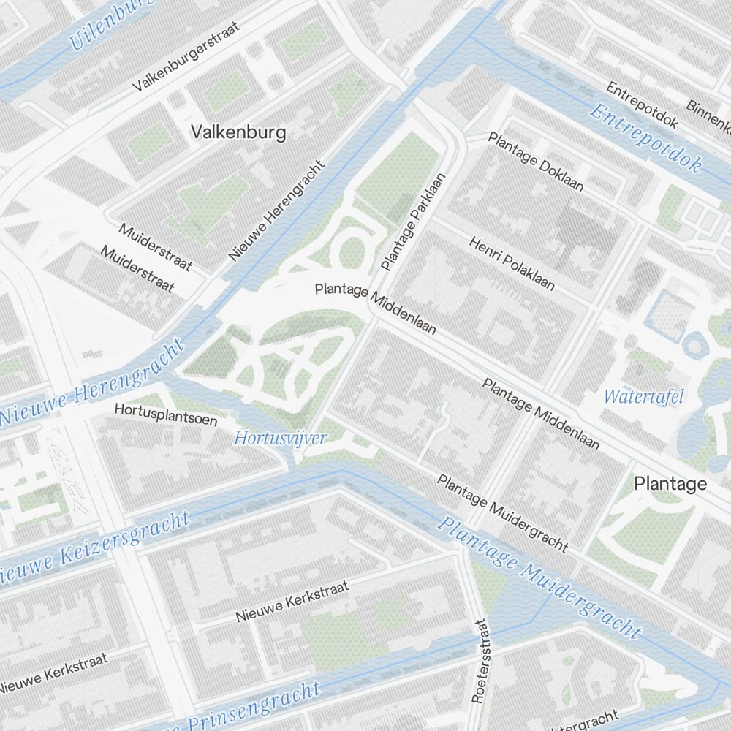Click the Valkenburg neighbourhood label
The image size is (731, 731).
[x=238, y=132]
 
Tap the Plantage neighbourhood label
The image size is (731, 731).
[x=670, y=483]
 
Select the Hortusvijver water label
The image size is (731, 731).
[x=280, y=439]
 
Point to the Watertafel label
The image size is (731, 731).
[x=644, y=397]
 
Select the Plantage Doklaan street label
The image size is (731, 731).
[x=536, y=162]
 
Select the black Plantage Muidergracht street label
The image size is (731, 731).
[x=503, y=512]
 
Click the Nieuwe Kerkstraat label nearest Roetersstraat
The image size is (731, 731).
[x=292, y=602]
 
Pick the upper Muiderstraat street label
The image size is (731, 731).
[x=155, y=246]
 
